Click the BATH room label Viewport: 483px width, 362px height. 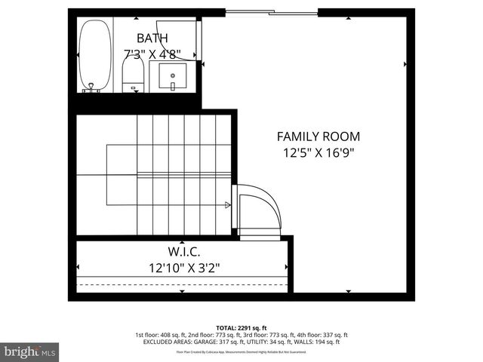(x=152, y=38)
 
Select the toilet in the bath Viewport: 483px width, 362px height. (x=134, y=74)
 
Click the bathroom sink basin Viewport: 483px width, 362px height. (x=174, y=76)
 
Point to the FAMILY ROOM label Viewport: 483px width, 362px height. (x=318, y=137)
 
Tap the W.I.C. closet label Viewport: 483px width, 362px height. (x=184, y=251)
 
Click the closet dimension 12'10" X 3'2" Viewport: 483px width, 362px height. (x=184, y=266)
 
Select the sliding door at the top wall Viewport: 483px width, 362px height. (x=272, y=12)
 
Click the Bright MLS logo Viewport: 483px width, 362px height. (x=30, y=351)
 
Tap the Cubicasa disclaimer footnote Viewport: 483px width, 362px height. (x=241, y=351)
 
